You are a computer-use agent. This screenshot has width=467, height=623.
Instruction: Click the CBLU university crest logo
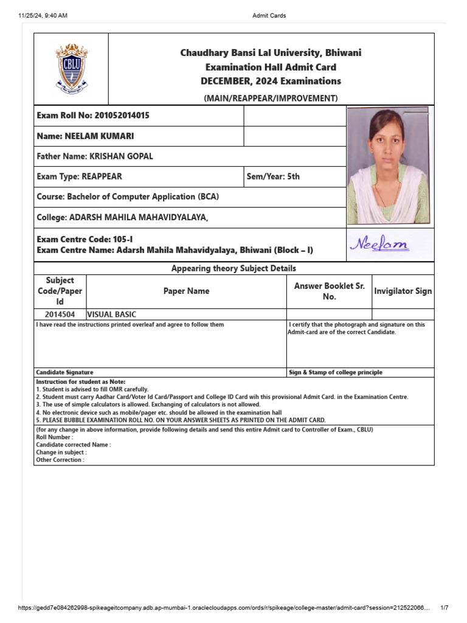72,68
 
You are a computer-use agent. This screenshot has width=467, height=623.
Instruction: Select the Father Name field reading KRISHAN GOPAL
95,156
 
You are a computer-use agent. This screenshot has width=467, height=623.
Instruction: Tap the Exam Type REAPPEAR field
80,176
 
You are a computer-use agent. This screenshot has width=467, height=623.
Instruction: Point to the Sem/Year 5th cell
273,176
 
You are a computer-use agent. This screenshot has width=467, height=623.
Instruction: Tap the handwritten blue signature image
379,245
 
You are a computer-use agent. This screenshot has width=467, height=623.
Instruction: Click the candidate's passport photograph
388,165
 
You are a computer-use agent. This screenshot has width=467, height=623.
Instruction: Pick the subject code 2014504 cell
60,315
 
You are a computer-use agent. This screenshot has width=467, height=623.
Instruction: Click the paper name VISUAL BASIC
112,315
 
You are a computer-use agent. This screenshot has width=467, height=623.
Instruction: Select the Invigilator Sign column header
403,291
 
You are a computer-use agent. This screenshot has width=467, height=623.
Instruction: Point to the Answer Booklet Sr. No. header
329,291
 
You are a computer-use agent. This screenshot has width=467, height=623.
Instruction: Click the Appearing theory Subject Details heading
233,268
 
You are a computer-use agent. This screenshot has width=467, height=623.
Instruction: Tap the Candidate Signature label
64,372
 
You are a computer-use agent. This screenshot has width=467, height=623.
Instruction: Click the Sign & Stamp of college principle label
336,372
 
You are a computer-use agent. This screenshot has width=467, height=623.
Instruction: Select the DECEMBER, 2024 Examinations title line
271,81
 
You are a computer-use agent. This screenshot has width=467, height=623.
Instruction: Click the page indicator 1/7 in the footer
444,608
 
